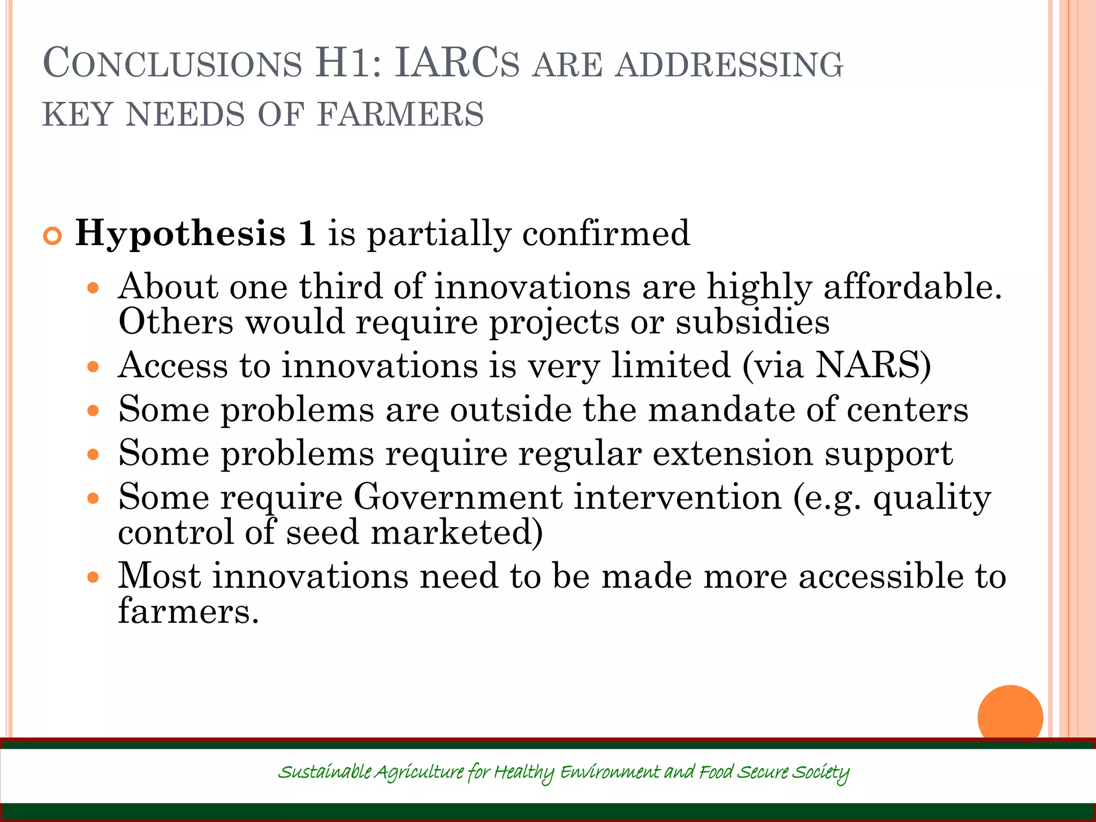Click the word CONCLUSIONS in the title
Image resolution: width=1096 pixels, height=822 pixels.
click(172, 64)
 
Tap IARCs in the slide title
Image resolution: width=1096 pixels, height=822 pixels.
click(456, 64)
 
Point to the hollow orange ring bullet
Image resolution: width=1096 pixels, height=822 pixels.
click(52, 236)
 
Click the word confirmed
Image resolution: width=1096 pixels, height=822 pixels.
click(606, 233)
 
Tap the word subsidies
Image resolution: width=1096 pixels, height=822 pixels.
click(752, 322)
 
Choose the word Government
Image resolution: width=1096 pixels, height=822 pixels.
click(458, 497)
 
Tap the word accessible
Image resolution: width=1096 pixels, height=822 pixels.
click(880, 576)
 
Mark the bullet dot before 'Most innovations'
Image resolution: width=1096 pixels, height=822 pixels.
click(94, 577)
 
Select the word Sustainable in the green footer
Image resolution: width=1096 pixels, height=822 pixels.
click(325, 772)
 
